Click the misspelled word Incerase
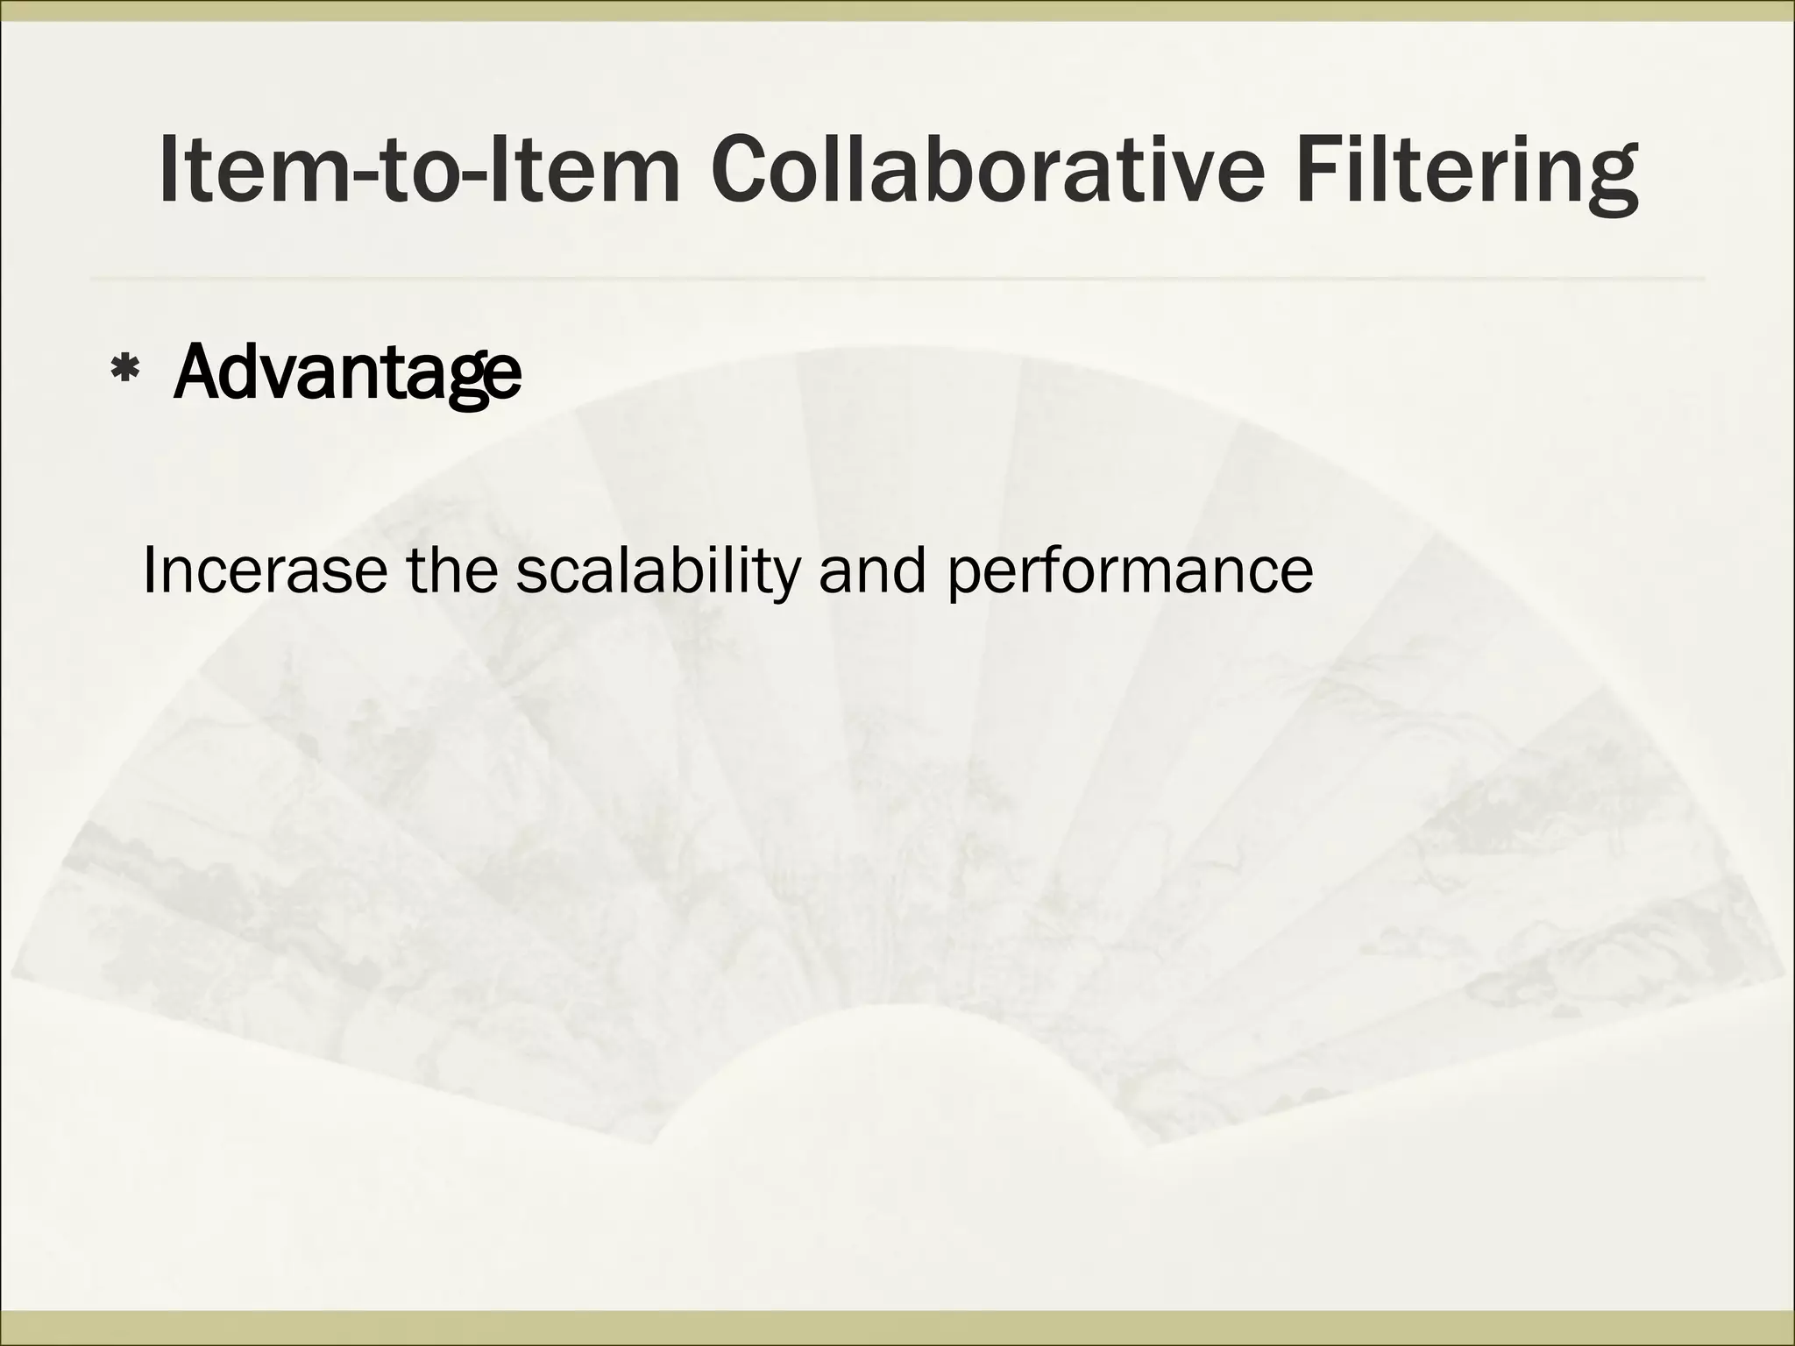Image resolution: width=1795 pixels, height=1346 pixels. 264,570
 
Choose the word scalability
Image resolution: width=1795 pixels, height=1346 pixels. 657,570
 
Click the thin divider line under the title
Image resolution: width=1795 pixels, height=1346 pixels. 897,280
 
